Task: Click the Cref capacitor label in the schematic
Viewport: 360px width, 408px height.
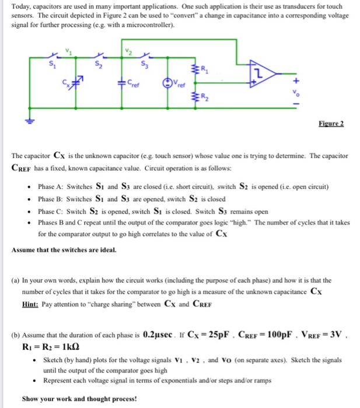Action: click(135, 83)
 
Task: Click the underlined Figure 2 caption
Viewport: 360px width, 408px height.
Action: click(332, 123)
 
